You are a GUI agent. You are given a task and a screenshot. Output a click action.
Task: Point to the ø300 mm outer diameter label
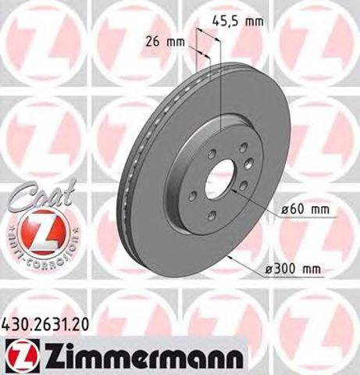coord(296,270)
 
